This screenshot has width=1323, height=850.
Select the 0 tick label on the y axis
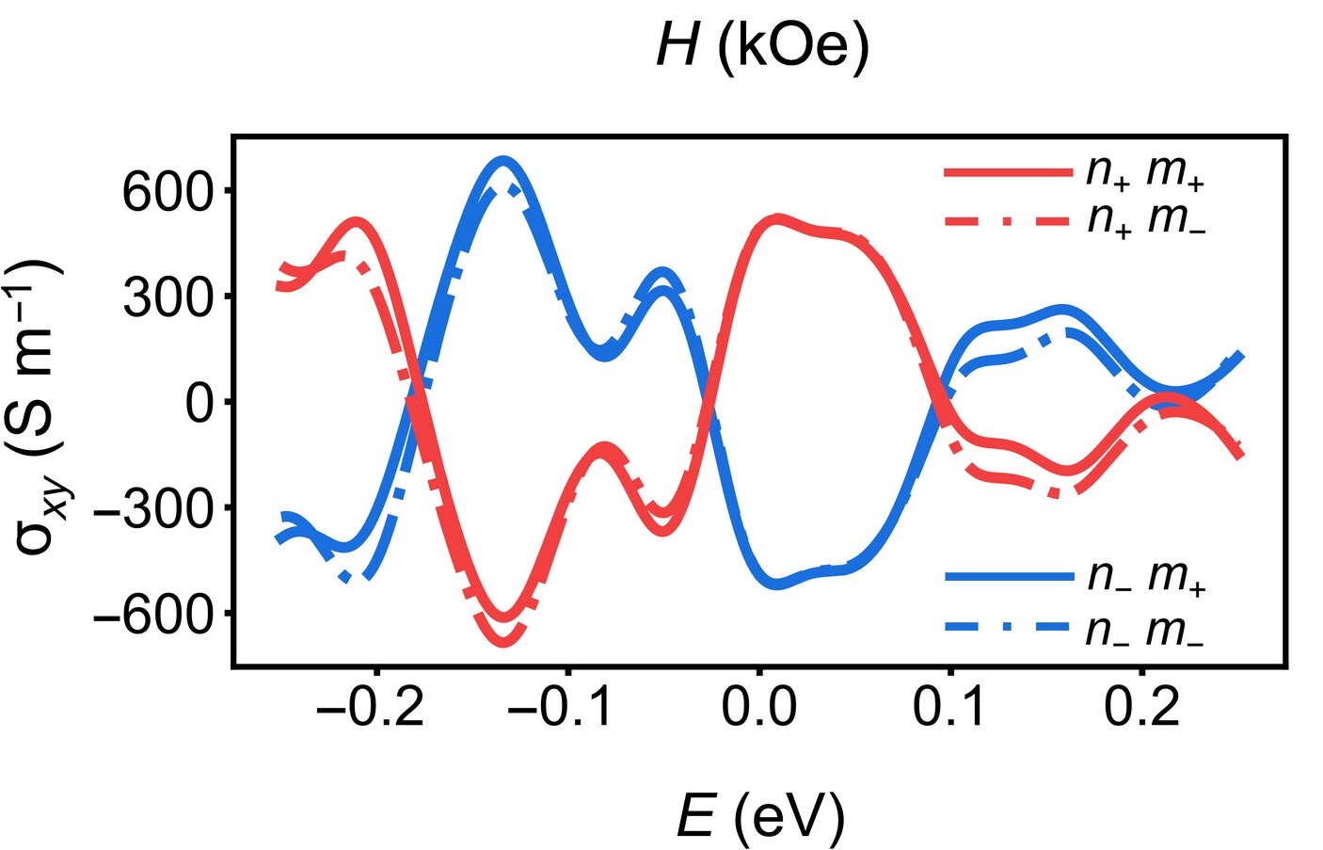(x=199, y=403)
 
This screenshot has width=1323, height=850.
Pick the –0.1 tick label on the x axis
(x=562, y=707)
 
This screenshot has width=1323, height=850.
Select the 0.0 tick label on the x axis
(x=758, y=707)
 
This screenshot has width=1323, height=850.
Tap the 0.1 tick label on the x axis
(x=949, y=707)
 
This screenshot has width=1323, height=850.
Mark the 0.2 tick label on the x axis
(x=1140, y=707)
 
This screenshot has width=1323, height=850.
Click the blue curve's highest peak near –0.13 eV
(x=503, y=162)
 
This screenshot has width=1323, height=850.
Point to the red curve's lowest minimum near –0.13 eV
(x=503, y=643)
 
